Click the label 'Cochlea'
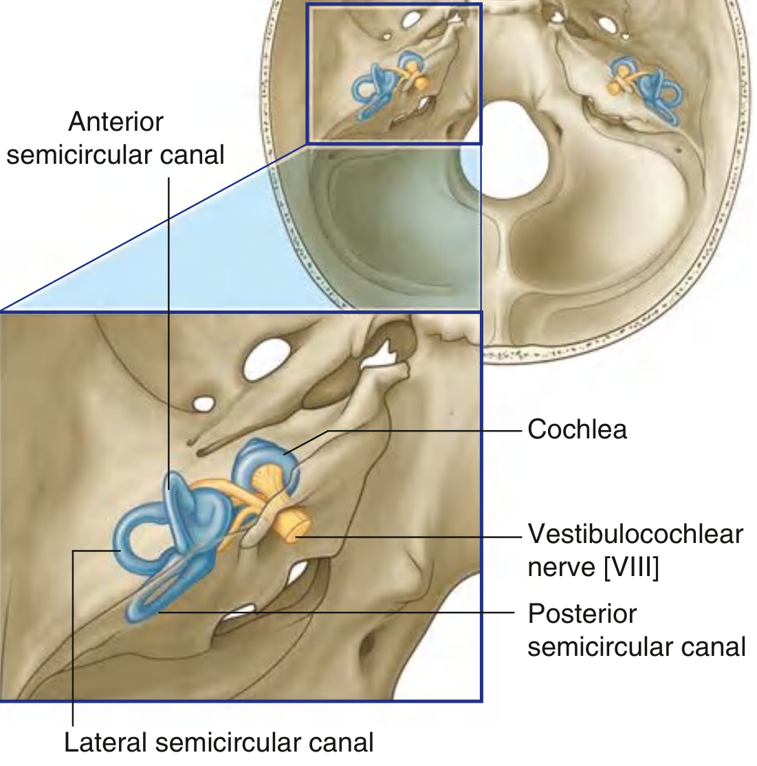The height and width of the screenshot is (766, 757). [577, 429]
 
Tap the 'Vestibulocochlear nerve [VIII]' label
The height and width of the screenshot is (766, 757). [635, 551]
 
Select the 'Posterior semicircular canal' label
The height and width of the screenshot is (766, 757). [636, 630]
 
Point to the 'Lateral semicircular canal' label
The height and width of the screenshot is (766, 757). [219, 743]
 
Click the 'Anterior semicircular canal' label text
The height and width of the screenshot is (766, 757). [116, 138]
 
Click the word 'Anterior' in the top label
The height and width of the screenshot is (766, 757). [116, 122]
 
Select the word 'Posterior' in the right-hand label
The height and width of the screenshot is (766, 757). [582, 613]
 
